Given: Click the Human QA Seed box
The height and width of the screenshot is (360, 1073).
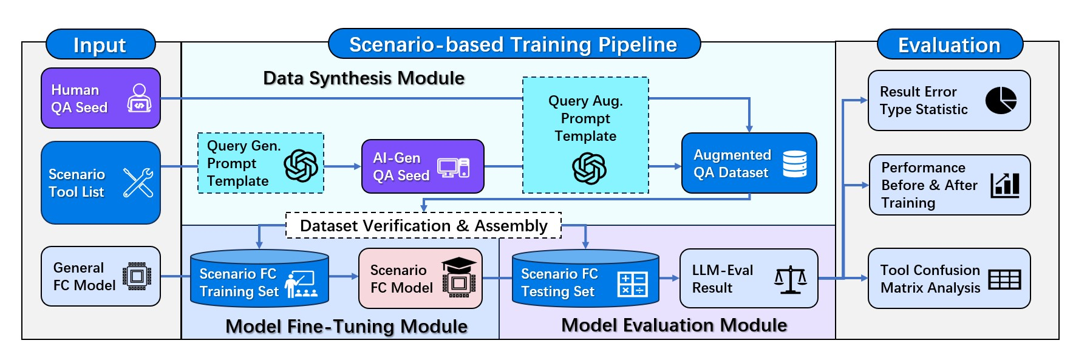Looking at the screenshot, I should (100, 98).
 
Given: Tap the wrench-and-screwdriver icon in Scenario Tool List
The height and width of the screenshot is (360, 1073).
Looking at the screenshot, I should (138, 183).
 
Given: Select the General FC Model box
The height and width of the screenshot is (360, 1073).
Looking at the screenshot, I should (100, 276).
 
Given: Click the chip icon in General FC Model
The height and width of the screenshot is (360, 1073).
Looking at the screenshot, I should (137, 276).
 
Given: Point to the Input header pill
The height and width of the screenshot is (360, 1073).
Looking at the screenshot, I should (100, 45).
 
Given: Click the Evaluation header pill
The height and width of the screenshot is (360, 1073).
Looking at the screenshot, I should (949, 45).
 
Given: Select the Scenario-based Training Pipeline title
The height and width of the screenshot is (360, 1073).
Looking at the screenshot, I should (514, 44).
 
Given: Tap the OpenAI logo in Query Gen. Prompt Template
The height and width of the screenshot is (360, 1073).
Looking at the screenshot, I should (301, 166).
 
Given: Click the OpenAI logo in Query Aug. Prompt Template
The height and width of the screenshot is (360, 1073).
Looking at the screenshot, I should (588, 168).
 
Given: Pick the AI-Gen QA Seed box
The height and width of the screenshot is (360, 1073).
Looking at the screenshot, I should (422, 166).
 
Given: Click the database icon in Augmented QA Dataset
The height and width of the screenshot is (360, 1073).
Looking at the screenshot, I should (794, 164).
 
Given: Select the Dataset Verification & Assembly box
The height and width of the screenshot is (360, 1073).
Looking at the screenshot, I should (423, 225).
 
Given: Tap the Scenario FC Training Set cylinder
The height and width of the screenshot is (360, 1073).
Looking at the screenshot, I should (259, 279).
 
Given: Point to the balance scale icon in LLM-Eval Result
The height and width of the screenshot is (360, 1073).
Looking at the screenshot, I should (790, 280).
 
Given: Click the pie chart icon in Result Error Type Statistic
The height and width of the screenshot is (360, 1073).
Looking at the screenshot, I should (1000, 100).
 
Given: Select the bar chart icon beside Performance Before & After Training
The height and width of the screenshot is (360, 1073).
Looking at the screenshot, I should (1004, 185).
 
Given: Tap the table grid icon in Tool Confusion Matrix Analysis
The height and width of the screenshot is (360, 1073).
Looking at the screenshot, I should (1004, 279).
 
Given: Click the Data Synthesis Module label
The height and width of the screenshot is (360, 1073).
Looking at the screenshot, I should (363, 78).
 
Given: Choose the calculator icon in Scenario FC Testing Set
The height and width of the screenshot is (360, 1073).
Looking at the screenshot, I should (632, 284).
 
